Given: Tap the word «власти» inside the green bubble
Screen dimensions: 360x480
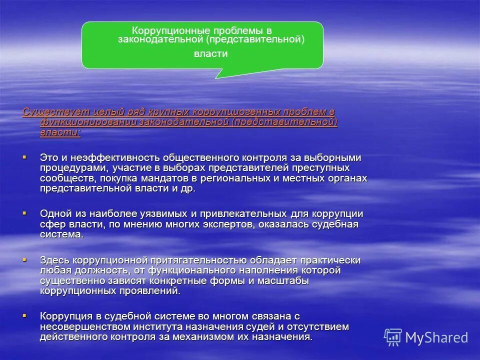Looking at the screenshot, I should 210,54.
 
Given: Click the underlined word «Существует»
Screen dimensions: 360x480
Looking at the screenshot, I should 48,111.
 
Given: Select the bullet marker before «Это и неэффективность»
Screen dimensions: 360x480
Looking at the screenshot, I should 24,157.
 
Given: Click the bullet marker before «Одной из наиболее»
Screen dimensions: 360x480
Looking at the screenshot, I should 24,213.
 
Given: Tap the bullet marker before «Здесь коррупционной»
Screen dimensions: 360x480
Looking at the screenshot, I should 24,260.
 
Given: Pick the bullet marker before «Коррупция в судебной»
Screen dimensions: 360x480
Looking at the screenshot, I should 24,316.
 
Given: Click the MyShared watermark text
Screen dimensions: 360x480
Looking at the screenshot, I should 436,337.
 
